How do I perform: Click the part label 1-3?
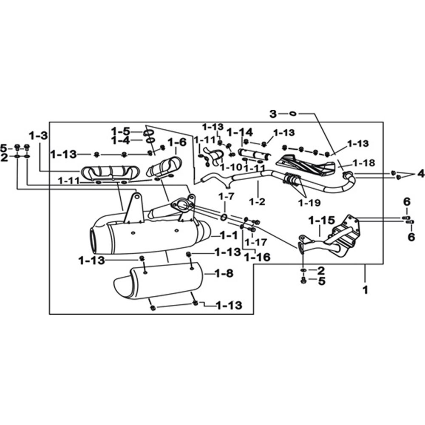click(38, 135)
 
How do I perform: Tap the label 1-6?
click(177, 142)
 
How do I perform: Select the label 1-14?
click(240, 132)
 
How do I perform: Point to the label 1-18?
click(364, 163)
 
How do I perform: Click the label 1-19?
click(309, 202)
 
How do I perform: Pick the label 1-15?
click(322, 220)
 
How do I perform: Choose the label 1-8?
click(224, 273)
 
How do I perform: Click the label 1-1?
click(229, 235)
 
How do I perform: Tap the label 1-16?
click(257, 257)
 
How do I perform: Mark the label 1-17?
click(256, 242)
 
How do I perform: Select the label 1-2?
click(257, 201)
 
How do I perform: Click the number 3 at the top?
click(273, 114)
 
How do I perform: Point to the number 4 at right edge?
click(420, 173)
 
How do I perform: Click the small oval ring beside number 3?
click(293, 113)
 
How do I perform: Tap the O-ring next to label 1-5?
click(148, 133)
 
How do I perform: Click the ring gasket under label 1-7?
click(224, 217)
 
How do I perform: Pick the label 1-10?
click(231, 167)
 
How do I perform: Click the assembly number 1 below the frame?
click(365, 290)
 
